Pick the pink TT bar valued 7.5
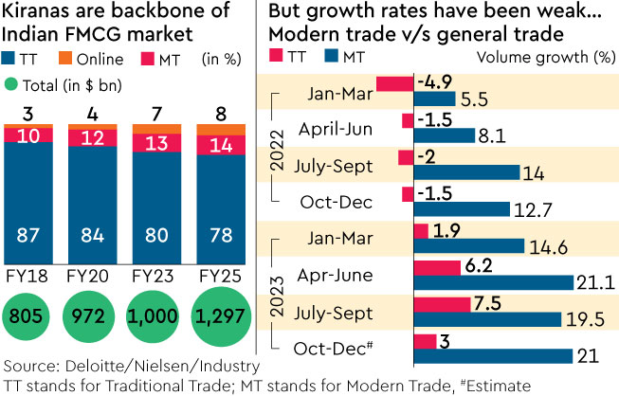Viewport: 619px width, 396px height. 443,304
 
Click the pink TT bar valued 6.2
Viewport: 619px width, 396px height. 438,268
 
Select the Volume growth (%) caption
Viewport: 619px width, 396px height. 561,55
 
